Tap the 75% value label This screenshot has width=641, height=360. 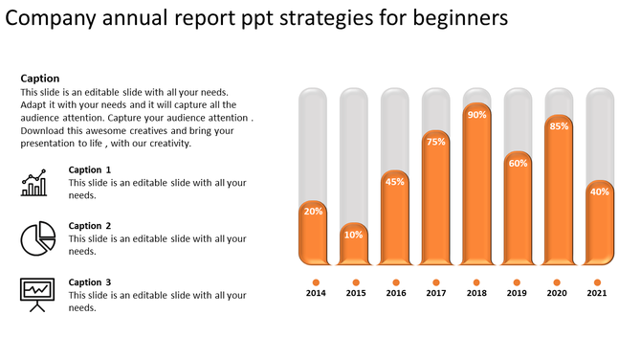436,142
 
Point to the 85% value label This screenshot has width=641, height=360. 560,126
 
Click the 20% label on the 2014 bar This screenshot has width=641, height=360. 313,211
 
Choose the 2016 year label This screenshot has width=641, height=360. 396,293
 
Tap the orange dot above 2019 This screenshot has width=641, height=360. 518,281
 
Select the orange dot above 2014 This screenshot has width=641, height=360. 315,281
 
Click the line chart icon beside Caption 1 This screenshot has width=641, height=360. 34,183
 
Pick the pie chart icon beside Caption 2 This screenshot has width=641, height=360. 36,237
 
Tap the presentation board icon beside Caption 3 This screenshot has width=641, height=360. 36,294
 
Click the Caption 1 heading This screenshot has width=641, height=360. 90,169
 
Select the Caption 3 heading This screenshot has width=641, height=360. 90,282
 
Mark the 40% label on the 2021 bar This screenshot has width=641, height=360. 600,191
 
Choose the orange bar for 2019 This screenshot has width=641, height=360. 518,215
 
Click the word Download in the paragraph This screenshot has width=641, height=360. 44,131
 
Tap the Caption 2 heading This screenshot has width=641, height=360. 90,226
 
